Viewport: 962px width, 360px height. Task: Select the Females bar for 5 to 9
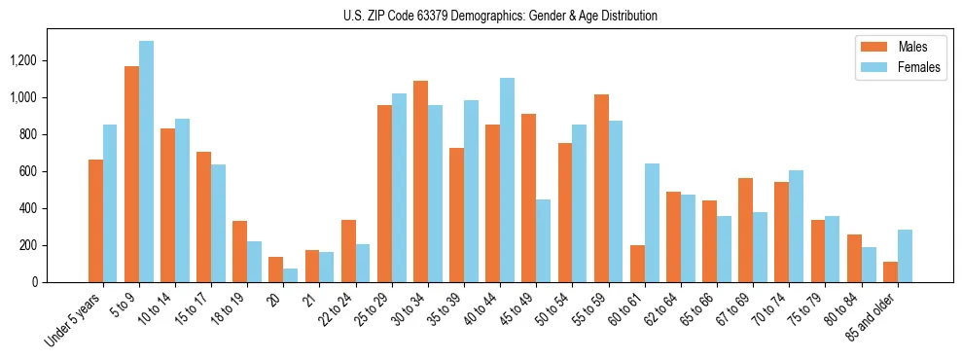[146, 162]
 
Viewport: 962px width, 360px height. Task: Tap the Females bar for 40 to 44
[507, 180]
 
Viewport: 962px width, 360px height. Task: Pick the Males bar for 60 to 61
[637, 264]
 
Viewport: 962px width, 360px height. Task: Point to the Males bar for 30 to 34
[420, 181]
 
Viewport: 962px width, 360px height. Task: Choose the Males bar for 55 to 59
[601, 188]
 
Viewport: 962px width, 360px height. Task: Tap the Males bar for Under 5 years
[95, 221]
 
